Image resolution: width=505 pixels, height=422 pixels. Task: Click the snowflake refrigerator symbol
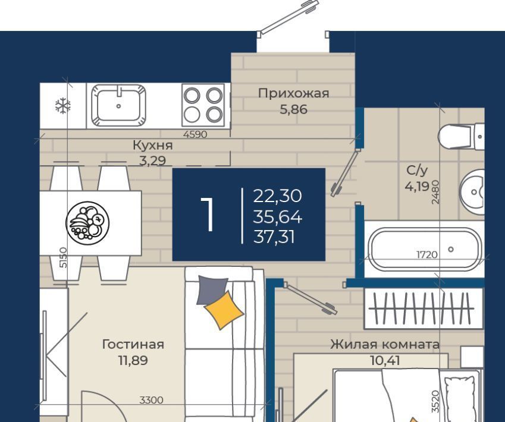(x=63, y=106)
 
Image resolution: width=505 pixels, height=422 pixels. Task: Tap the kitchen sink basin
(x=118, y=105)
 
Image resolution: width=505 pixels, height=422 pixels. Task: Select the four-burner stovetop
(x=203, y=105)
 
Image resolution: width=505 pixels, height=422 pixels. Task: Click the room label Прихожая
(x=293, y=93)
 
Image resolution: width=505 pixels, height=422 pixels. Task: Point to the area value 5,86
(x=293, y=110)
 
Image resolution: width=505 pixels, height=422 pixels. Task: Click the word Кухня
(x=153, y=146)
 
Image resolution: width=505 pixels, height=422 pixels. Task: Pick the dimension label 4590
(x=195, y=134)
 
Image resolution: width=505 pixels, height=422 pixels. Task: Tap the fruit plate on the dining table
(x=87, y=223)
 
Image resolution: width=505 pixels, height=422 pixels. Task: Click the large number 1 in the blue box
(x=208, y=214)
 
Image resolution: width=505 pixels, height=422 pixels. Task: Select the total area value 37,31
(x=274, y=238)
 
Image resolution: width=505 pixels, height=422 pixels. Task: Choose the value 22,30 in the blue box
(x=277, y=196)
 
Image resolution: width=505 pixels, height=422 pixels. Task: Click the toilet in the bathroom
(x=461, y=137)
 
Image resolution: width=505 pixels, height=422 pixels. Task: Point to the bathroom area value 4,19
(x=417, y=187)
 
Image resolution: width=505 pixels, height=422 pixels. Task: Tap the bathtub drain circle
(x=451, y=249)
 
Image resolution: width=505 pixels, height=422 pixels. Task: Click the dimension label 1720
(x=427, y=255)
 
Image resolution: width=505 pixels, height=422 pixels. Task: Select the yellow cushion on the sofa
(x=224, y=310)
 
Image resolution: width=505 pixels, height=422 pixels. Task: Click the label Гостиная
(x=133, y=344)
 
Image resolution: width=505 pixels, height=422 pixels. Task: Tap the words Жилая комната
(x=385, y=344)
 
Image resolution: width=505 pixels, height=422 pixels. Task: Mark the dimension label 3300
(x=151, y=400)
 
